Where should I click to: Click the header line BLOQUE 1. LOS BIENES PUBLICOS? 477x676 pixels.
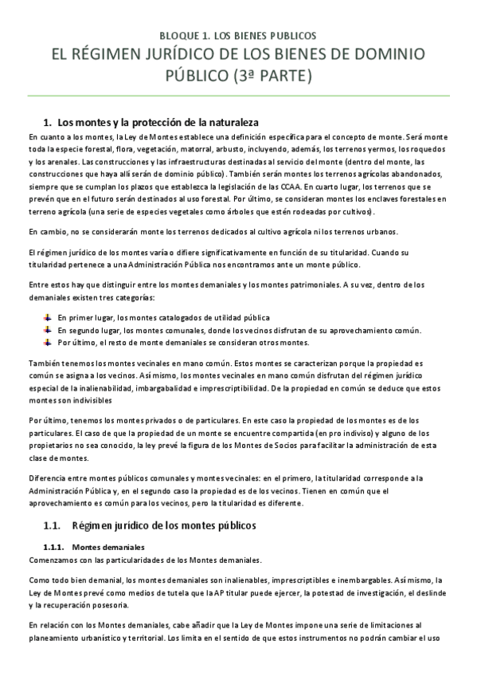pos(238,35)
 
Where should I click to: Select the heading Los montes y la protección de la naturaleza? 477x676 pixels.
pos(158,122)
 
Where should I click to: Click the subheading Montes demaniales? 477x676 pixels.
pos(108,548)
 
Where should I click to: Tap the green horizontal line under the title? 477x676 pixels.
pos(238,96)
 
